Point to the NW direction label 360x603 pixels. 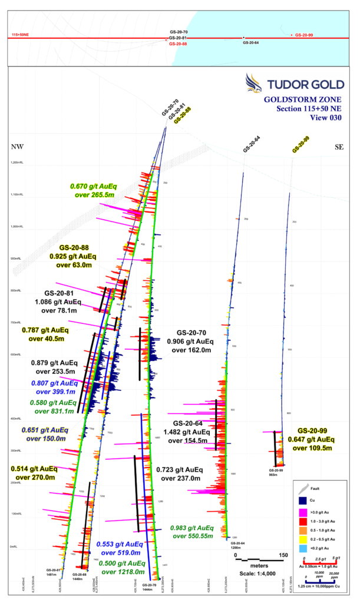[16, 145]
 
